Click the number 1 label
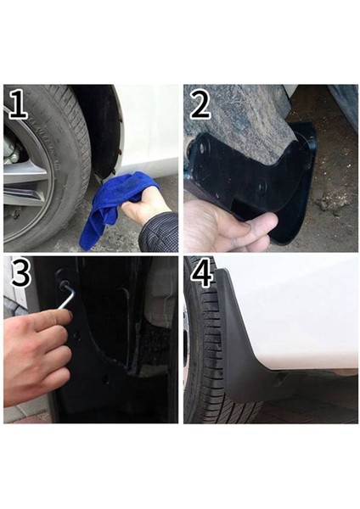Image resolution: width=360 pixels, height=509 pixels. click(18, 105)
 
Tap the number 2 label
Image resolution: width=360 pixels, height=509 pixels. click(200, 106)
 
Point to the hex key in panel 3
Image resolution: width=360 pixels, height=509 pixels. click(67, 294)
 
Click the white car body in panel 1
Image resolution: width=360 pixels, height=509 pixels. click(149, 127)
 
